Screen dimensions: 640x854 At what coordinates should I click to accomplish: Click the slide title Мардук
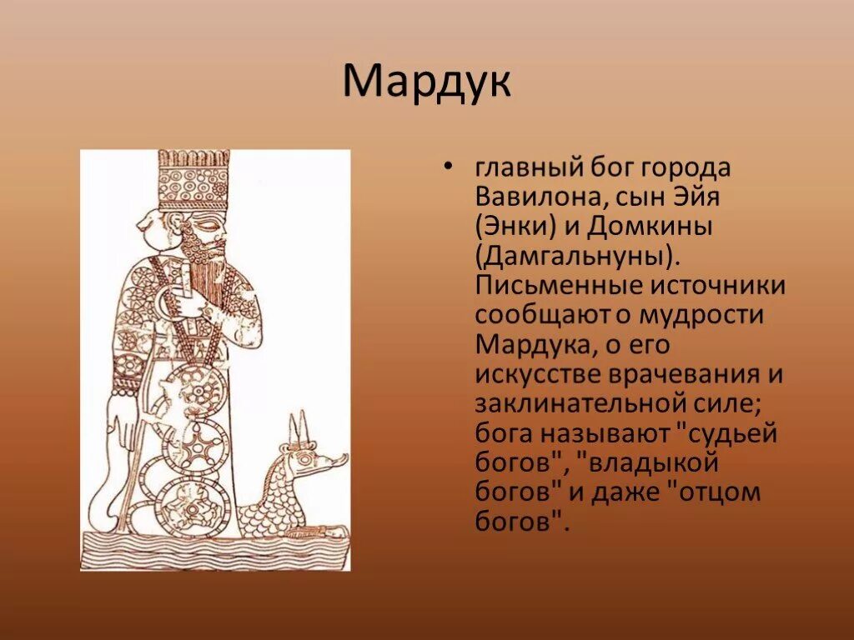[x=426, y=82]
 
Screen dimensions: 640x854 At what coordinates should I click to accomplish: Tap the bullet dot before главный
[x=449, y=167]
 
